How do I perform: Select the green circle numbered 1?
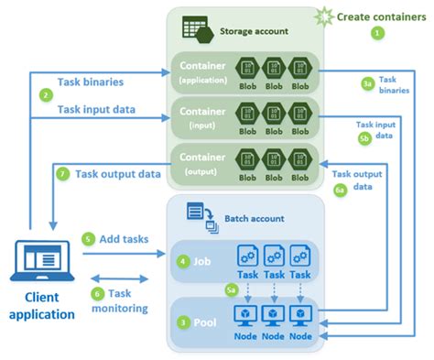coord(375,32)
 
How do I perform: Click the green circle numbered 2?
coord(45,94)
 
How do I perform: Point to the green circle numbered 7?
coord(62,173)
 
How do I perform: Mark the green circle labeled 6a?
coord(341,191)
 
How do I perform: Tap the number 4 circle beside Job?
coord(185,262)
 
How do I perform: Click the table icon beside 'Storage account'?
coord(195,29)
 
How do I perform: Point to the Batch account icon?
coord(200,214)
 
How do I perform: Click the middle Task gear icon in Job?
coord(274,256)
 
